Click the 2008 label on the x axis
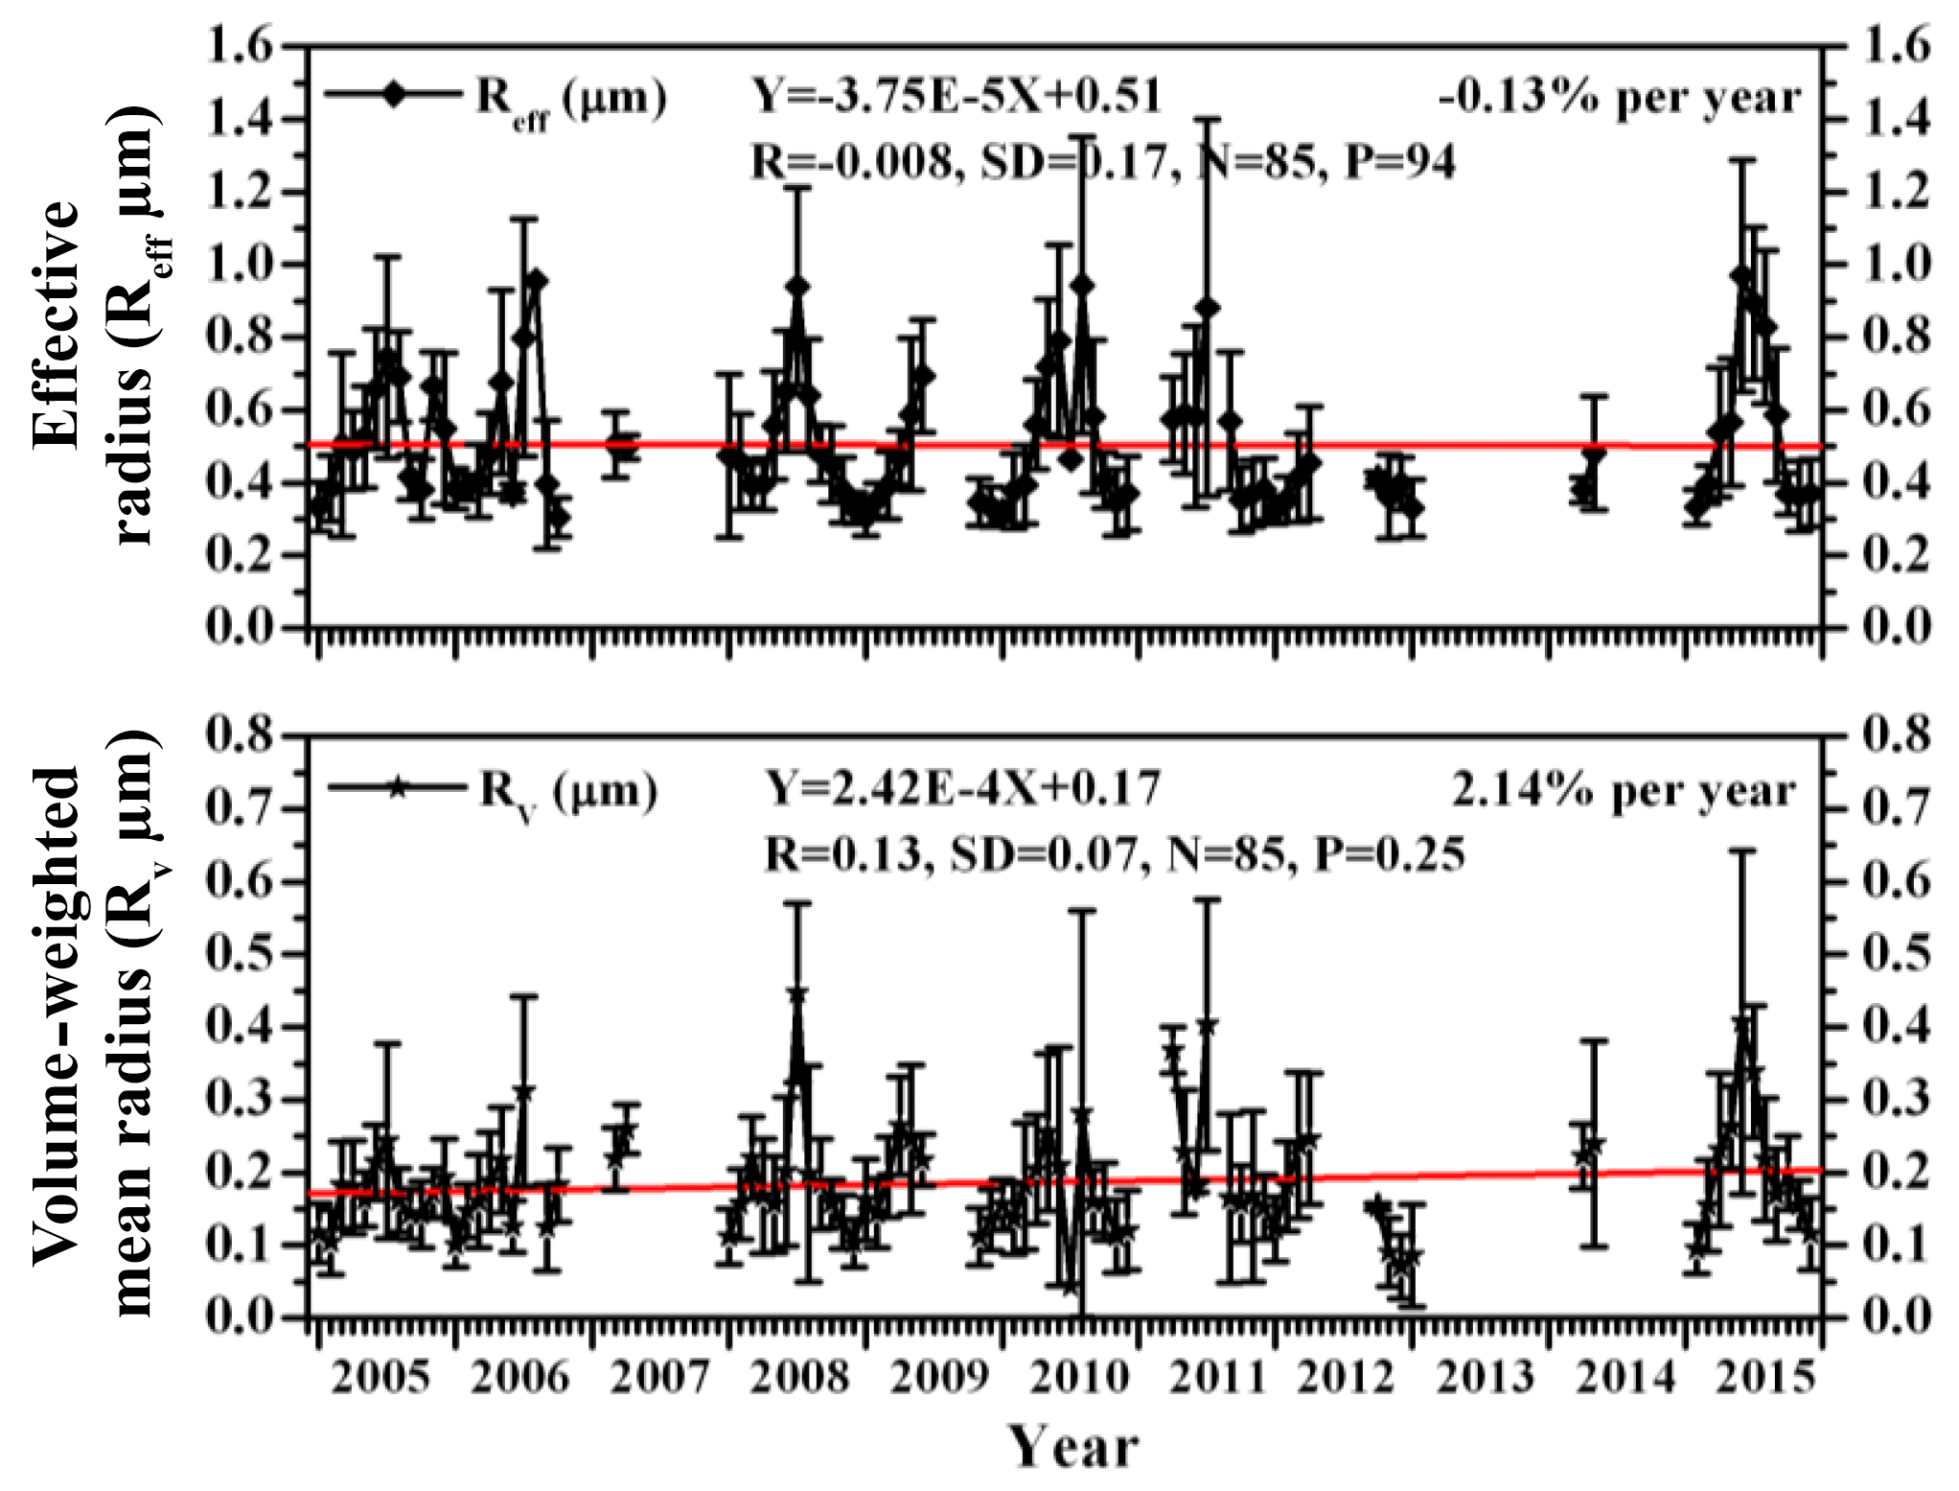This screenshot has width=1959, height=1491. [x=799, y=1378]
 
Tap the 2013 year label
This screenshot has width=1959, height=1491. [x=1485, y=1378]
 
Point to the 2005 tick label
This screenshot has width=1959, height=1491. [x=380, y=1378]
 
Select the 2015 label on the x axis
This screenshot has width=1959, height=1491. [x=1765, y=1378]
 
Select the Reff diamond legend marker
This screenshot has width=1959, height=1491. [x=394, y=94]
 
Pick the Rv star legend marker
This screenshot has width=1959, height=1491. [x=398, y=787]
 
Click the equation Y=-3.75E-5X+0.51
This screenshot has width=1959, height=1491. [x=956, y=96]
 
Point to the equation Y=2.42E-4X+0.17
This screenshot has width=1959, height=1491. [x=962, y=788]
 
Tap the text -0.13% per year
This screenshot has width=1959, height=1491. [x=1620, y=98]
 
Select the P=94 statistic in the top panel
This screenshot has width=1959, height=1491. [x=1400, y=161]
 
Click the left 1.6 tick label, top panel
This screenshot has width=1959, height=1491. [x=240, y=46]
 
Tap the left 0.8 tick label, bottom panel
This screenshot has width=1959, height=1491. [x=240, y=736]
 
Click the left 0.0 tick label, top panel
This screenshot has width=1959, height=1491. [x=240, y=628]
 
